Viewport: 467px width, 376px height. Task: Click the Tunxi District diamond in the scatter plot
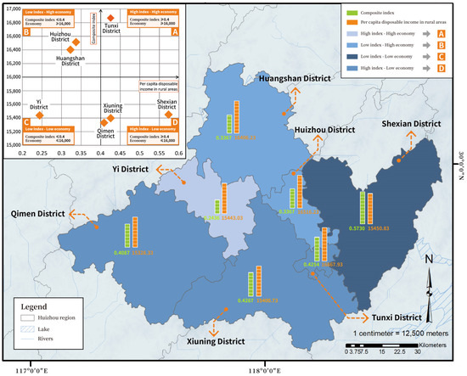click(110, 16)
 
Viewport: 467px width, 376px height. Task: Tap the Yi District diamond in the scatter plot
click(39, 114)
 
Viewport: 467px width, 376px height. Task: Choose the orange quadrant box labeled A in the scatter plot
click(175, 32)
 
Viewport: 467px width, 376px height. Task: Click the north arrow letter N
click(431, 258)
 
